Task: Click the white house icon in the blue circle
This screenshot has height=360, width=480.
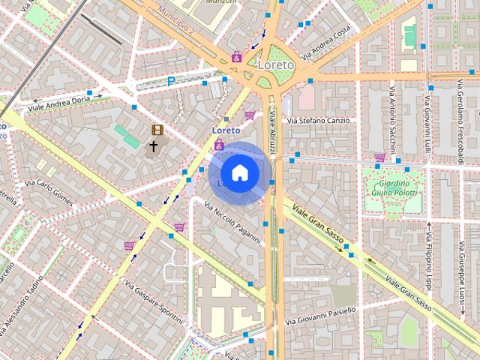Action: [240, 172]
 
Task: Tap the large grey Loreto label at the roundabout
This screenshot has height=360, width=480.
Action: [275, 65]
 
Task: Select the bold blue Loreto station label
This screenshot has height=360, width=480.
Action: [226, 130]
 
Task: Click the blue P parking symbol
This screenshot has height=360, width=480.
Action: [171, 81]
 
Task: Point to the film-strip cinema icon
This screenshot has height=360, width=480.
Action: [157, 130]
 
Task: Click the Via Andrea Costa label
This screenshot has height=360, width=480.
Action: [326, 43]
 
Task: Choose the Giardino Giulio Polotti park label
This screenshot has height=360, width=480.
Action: [392, 188]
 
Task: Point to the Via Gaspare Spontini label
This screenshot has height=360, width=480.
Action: [154, 303]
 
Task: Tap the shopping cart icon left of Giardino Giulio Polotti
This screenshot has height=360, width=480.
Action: [380, 157]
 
